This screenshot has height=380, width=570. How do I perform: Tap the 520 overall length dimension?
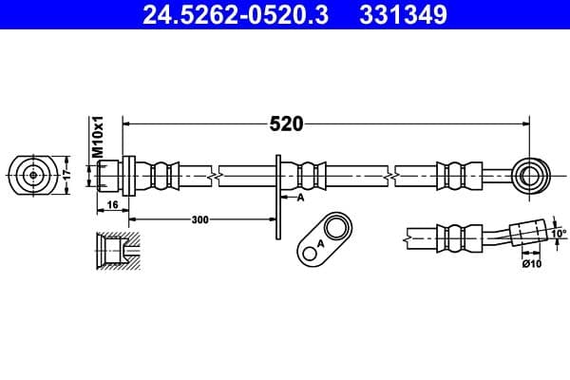(286, 123)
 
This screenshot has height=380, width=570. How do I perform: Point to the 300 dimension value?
(199, 219)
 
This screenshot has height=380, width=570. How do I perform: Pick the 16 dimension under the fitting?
(111, 204)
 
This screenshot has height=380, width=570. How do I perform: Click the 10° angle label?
(557, 232)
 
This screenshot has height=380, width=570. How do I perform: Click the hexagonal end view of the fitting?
(33, 175)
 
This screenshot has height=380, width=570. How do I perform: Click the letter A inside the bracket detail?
(320, 244)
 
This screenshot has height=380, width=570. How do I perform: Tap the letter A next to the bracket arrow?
(299, 198)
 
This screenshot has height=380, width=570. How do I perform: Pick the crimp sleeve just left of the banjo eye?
(456, 175)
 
